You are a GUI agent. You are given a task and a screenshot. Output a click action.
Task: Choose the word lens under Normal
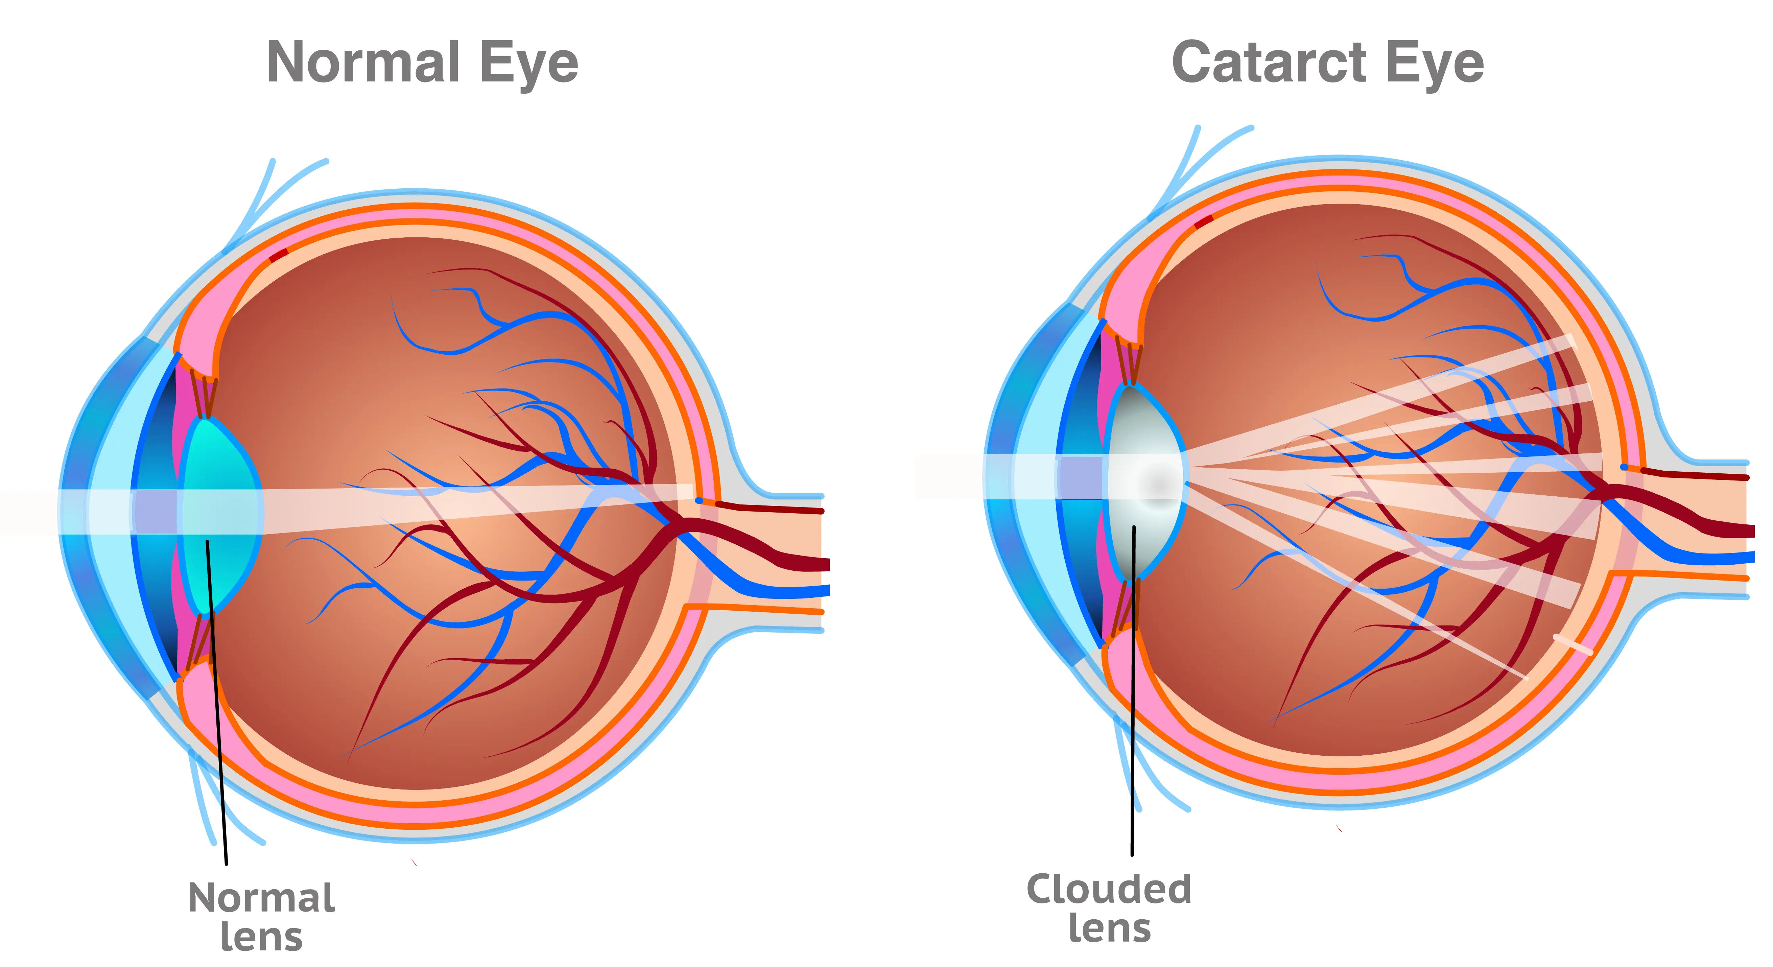click(x=262, y=937)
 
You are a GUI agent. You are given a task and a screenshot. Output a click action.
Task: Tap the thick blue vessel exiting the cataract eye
click(x=1721, y=558)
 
